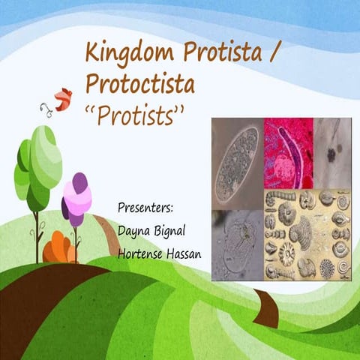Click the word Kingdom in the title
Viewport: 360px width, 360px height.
coord(123,55)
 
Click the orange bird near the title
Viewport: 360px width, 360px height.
coord(62,97)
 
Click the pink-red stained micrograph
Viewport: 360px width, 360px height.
coord(287,153)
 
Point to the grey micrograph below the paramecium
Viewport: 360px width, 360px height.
coord(237,244)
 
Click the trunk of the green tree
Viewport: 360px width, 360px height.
coord(37,232)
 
